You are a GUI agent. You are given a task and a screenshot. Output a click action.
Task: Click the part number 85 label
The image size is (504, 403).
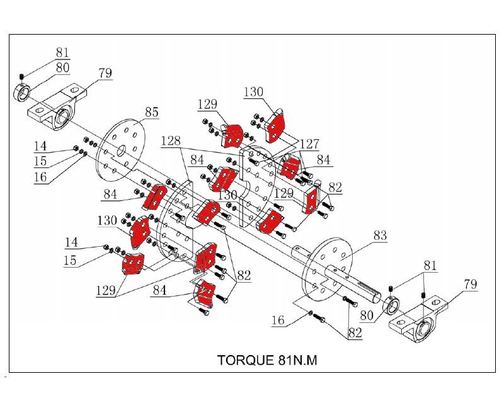click(x=152, y=113)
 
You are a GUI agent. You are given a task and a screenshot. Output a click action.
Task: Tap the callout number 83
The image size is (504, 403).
click(x=380, y=236)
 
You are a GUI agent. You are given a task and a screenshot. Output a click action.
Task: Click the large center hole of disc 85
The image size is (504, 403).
click(x=121, y=150)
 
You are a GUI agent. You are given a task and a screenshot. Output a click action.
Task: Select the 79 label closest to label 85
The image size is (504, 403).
click(x=105, y=73)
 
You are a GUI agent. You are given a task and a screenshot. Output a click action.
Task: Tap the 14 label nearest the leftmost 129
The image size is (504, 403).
click(x=71, y=242)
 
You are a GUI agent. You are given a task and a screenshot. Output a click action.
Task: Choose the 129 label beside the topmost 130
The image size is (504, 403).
click(x=207, y=105)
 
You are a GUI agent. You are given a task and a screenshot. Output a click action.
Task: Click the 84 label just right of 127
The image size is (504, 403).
click(x=324, y=161)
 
